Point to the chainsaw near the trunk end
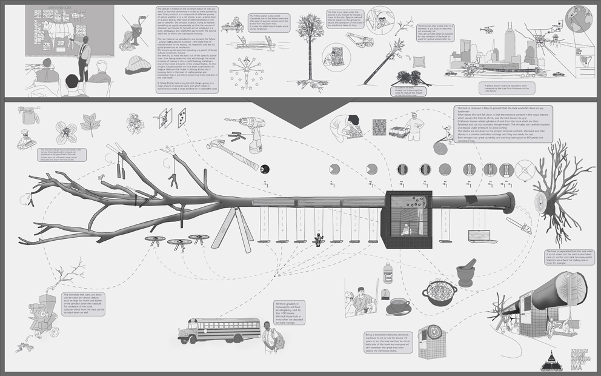(x=519, y=226)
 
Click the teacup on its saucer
(x=398, y=306)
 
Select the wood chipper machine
(x=44, y=315)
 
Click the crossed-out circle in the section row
(x=525, y=168)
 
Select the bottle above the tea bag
(x=388, y=274)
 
